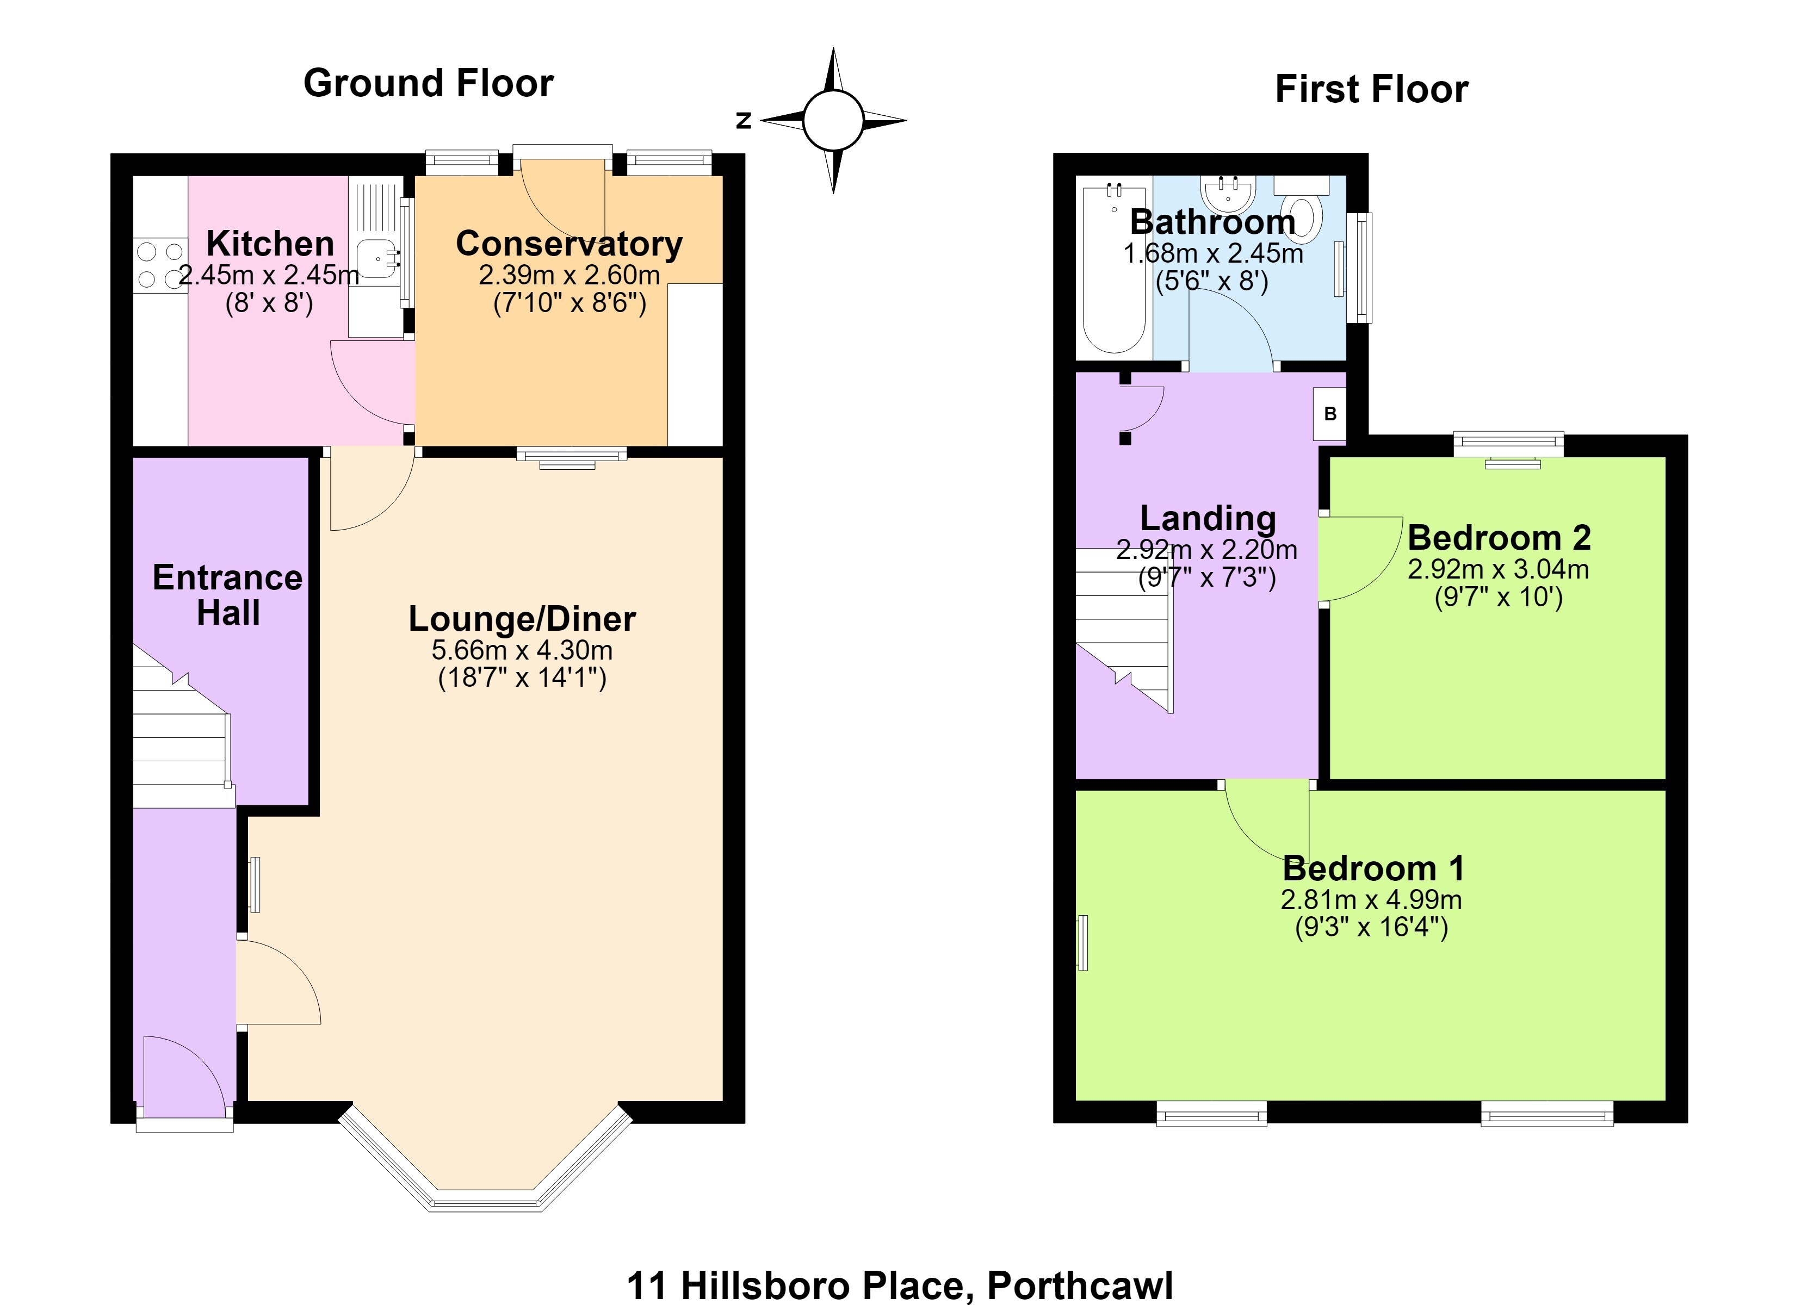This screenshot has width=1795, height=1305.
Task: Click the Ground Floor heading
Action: click(x=428, y=83)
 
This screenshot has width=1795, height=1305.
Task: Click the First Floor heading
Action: click(x=1372, y=89)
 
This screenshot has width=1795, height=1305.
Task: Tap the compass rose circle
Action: click(x=833, y=120)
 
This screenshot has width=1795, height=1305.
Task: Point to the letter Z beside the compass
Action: click(x=743, y=120)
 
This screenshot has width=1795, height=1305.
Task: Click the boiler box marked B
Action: click(x=1329, y=413)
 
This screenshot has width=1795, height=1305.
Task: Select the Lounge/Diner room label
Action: click(x=522, y=619)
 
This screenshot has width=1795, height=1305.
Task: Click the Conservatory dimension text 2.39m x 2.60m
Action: click(x=569, y=275)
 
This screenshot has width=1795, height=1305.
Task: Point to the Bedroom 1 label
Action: click(x=1373, y=868)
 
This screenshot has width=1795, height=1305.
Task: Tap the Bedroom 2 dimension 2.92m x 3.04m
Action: click(x=1498, y=569)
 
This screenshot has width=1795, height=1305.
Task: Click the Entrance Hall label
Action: click(x=228, y=595)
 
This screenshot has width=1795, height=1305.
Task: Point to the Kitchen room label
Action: click(x=270, y=244)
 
